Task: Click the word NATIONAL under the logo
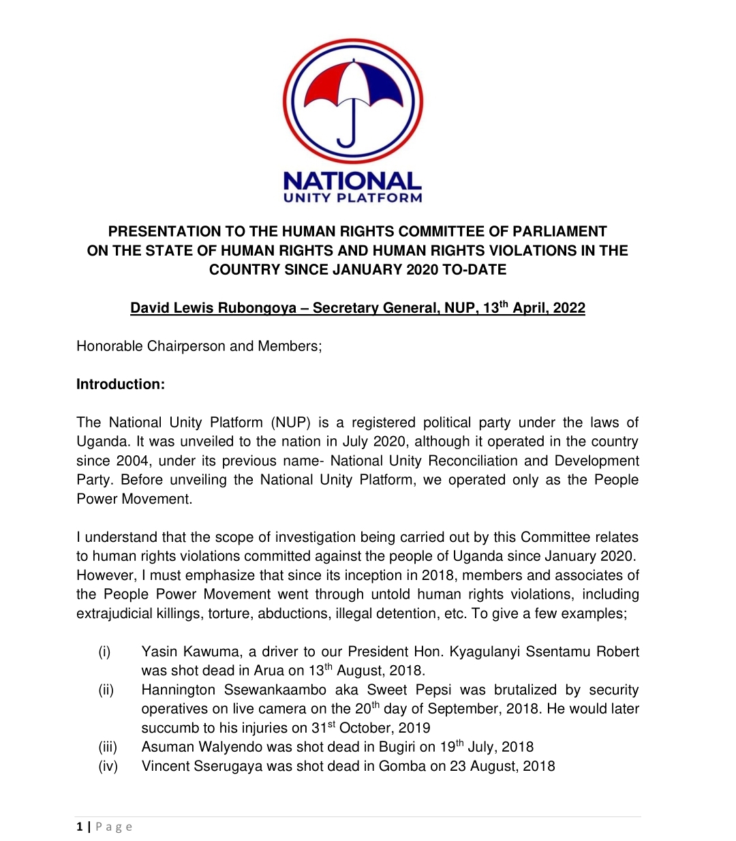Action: (x=352, y=181)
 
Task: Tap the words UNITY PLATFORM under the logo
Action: (x=352, y=198)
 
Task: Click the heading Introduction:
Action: (x=121, y=384)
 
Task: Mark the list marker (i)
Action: (x=104, y=652)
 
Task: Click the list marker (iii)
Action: (x=108, y=747)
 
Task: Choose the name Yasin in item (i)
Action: (x=159, y=652)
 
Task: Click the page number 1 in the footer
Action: (x=80, y=827)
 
